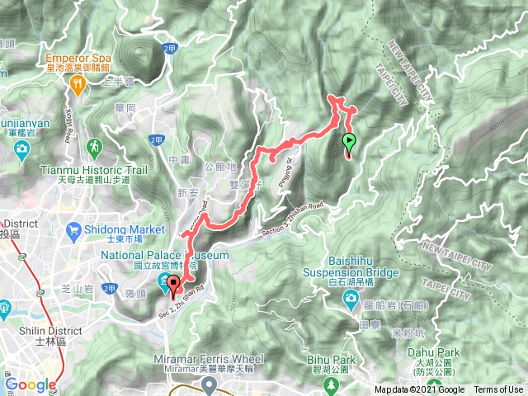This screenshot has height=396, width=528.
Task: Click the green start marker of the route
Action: point(348,142)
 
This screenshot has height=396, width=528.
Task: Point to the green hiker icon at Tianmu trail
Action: point(97,147)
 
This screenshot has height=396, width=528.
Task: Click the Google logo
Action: point(31,384)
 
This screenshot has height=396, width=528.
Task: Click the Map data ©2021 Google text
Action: point(419,390)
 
